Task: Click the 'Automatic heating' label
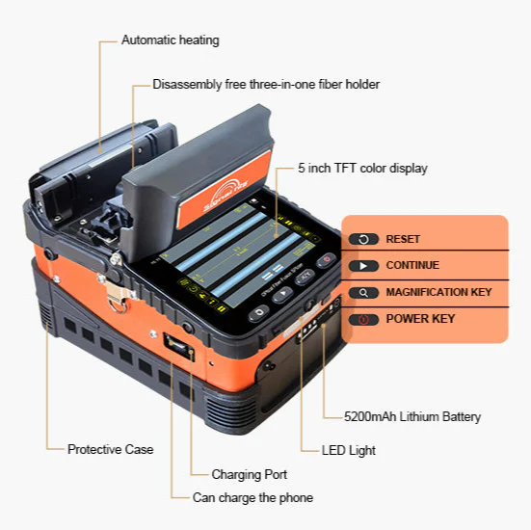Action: pyautogui.click(x=170, y=40)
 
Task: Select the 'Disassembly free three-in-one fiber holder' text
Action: pyautogui.click(x=266, y=85)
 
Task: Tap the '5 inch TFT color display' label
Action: pyautogui.click(x=362, y=168)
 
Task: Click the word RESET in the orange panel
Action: pyautogui.click(x=403, y=239)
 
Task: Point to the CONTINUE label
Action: pyautogui.click(x=412, y=265)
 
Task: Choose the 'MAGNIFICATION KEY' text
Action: pyautogui.click(x=438, y=292)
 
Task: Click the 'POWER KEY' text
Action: pyautogui.click(x=420, y=318)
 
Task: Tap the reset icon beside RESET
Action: pyautogui.click(x=363, y=239)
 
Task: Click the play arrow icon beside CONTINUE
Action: pyautogui.click(x=363, y=266)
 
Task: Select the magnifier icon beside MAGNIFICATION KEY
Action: pyautogui.click(x=363, y=292)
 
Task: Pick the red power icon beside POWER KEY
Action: pyautogui.click(x=363, y=319)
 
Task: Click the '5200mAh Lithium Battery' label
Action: pyautogui.click(x=412, y=417)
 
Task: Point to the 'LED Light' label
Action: pyautogui.click(x=349, y=450)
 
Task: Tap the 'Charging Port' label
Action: pyautogui.click(x=250, y=474)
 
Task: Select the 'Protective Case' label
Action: pyautogui.click(x=110, y=449)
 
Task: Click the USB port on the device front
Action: pyautogui.click(x=179, y=344)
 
